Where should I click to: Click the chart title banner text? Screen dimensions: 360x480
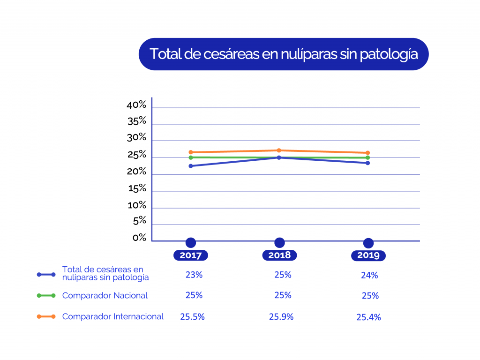pyautogui.click(x=283, y=54)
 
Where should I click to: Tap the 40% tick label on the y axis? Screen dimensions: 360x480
pyautogui.click(x=136, y=105)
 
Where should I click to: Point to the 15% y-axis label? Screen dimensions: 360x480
pyautogui.click(x=136, y=189)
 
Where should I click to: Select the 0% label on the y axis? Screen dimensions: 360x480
pyautogui.click(x=139, y=238)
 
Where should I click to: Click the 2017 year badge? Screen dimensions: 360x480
pyautogui.click(x=190, y=255)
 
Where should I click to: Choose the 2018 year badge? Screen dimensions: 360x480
pyautogui.click(x=279, y=255)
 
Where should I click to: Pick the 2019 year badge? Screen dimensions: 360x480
pyautogui.click(x=368, y=255)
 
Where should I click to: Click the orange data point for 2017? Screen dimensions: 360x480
pyautogui.click(x=191, y=152)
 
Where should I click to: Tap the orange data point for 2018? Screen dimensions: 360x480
pyautogui.click(x=279, y=150)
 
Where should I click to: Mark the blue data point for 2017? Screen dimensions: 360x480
pyautogui.click(x=191, y=166)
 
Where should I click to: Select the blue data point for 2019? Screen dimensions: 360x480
pyautogui.click(x=368, y=163)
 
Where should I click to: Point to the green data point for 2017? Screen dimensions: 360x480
pyautogui.click(x=191, y=157)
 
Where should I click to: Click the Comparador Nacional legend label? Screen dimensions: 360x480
pyautogui.click(x=105, y=296)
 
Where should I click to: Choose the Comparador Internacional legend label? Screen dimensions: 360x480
pyautogui.click(x=113, y=317)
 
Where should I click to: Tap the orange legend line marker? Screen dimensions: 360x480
pyautogui.click(x=46, y=317)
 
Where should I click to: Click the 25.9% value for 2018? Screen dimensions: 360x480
pyautogui.click(x=281, y=317)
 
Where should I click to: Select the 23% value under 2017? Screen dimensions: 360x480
pyautogui.click(x=194, y=275)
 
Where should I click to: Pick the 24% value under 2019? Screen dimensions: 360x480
pyautogui.click(x=369, y=276)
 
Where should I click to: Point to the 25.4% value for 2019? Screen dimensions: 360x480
pyautogui.click(x=368, y=317)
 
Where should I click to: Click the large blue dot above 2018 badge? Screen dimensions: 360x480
pyautogui.click(x=279, y=243)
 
